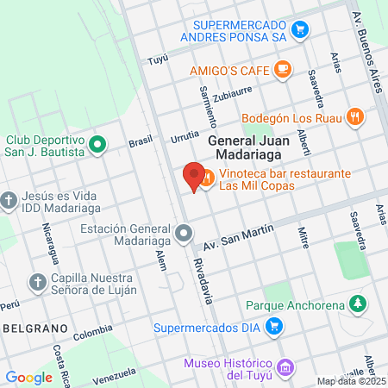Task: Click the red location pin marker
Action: coord(194,176)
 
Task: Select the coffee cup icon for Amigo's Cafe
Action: coord(283,68)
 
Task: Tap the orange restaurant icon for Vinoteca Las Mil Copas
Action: coord(207,179)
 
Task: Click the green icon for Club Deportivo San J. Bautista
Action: coord(97,144)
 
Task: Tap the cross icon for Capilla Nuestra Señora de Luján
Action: coord(37,282)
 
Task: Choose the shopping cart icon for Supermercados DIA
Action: coord(274,326)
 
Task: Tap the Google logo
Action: coord(28,377)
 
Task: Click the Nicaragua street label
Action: coord(51,245)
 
